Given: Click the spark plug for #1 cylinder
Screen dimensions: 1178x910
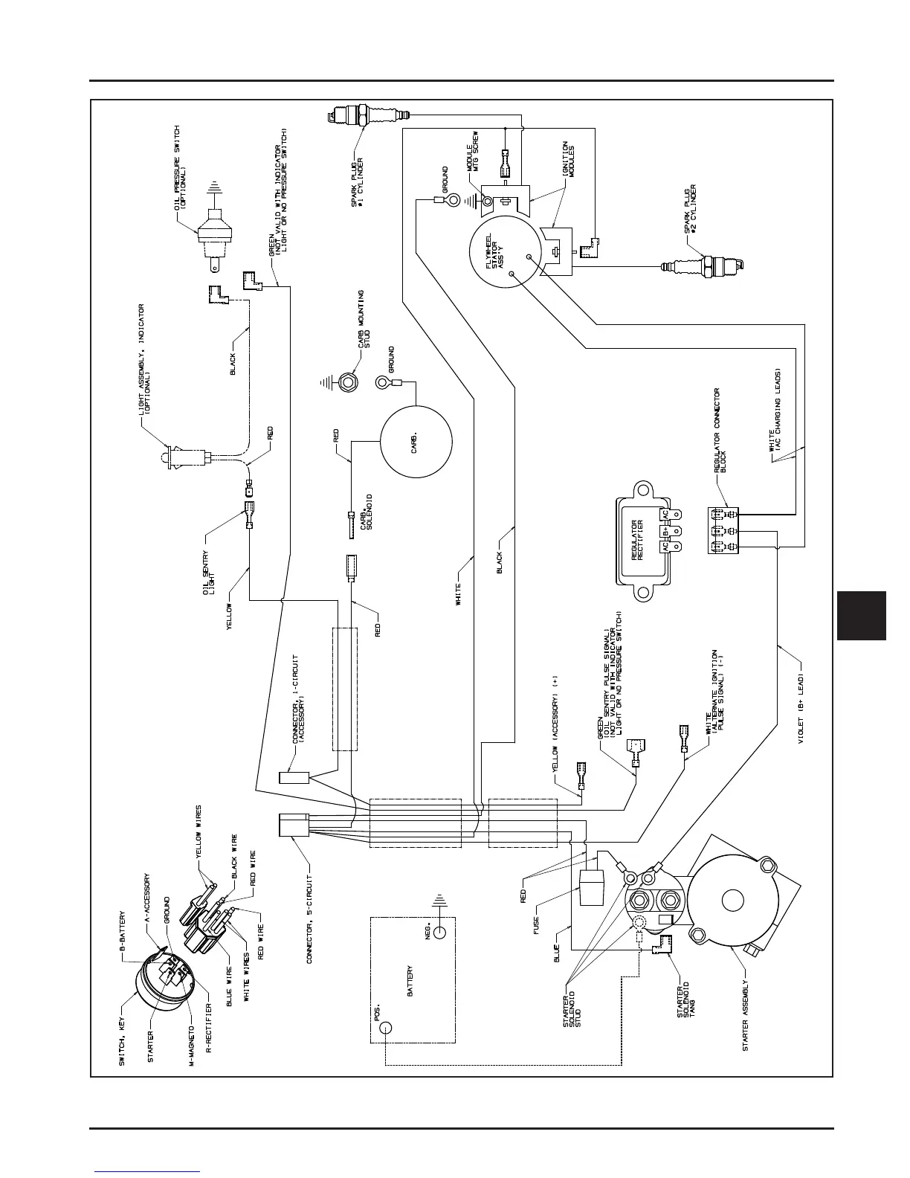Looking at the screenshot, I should pos(368,115).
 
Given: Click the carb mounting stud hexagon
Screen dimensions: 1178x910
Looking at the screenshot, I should pos(346,383).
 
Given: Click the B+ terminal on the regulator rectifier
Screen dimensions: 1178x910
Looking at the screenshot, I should pos(665,532).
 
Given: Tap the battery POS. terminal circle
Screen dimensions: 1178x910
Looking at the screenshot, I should pos(384,1027).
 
